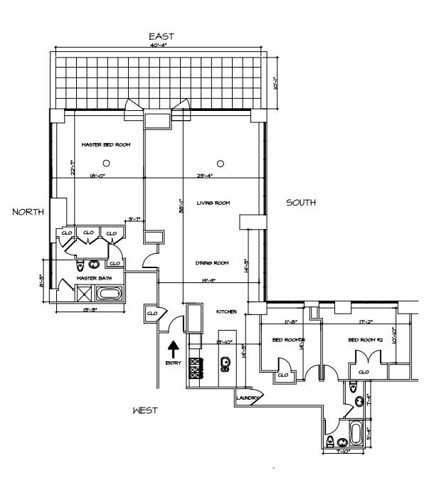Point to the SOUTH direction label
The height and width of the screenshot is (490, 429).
(301, 203)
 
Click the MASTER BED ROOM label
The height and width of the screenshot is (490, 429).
(106, 144)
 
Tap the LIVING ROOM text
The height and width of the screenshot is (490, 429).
(213, 203)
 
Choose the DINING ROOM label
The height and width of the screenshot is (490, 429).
(211, 263)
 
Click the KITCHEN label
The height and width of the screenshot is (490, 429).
(226, 311)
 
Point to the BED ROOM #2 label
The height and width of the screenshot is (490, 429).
(366, 340)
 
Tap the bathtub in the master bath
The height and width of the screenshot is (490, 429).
(110, 293)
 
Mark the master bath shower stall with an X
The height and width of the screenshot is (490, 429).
(84, 293)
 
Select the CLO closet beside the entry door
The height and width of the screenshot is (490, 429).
(152, 312)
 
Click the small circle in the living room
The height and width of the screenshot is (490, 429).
(221, 163)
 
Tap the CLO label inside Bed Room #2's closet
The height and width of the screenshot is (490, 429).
(364, 371)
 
